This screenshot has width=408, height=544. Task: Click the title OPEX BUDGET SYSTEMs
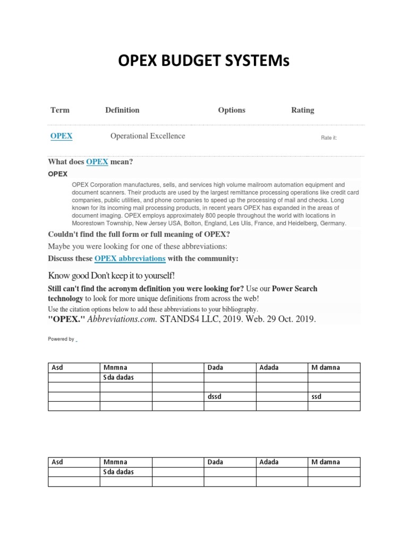[x=204, y=64]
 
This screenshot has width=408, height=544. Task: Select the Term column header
[x=59, y=110]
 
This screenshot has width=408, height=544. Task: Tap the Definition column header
[x=122, y=110]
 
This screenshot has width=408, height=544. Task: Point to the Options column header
[x=232, y=110]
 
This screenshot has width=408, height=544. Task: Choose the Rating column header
[x=302, y=110]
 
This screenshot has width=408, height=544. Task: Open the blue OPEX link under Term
[x=61, y=136]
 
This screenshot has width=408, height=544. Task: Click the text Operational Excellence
[x=148, y=136]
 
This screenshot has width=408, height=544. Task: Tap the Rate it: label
[x=329, y=138]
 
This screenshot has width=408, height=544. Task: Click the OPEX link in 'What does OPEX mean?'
[x=97, y=161]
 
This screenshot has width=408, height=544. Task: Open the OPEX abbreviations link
[x=130, y=258]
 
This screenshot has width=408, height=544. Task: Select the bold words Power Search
[x=295, y=288]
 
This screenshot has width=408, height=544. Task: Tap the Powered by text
[x=61, y=339]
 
